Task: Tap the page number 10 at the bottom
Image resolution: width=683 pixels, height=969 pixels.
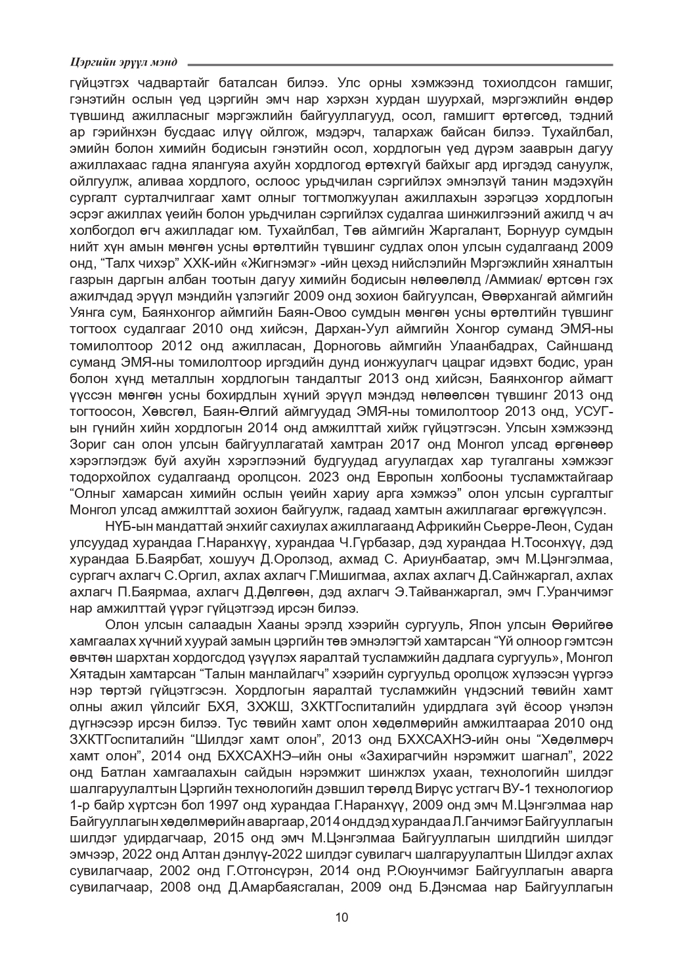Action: pos(341,917)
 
